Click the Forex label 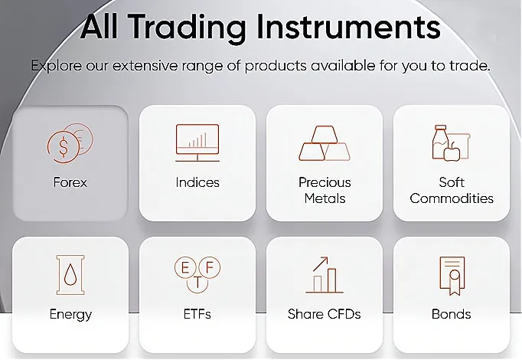tap(70, 182)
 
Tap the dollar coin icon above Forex tap(64, 147)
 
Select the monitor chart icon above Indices tap(197, 143)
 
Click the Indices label tap(197, 182)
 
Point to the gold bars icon tap(325, 143)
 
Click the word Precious tap(325, 182)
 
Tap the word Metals tap(325, 198)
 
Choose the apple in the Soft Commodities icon tap(452, 152)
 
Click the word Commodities tap(452, 198)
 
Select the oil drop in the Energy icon tap(70, 275)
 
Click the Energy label tap(70, 315)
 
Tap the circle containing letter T tap(197, 283)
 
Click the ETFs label tap(197, 314)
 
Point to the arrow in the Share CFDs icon tap(320, 264)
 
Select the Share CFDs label tap(325, 314)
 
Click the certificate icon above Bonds tap(452, 276)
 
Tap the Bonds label tap(452, 314)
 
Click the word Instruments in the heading tap(348, 27)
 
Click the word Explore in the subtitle tap(57, 66)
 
